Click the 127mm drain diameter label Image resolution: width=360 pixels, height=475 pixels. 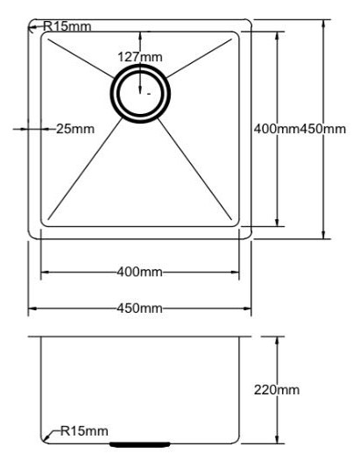139,57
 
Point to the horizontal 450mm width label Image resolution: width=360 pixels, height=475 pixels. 139,309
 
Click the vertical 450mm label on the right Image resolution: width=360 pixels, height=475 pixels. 323,130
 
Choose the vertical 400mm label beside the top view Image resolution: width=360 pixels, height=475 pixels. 276,130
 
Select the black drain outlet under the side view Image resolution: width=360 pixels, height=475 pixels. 140,444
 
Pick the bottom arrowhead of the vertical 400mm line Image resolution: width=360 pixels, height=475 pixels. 278,225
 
